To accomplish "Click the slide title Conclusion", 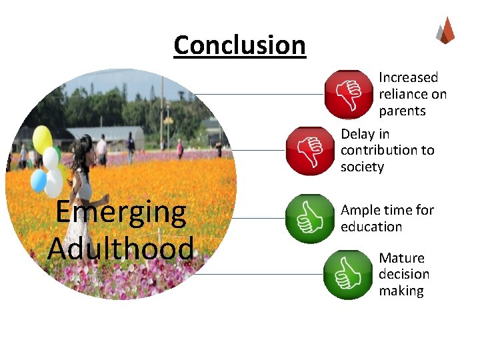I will (x=239, y=45).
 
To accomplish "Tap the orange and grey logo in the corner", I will (x=445, y=30).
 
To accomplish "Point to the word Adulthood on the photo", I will (x=121, y=248).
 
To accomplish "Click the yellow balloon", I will (x=43, y=138).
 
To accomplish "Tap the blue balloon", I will (x=39, y=180).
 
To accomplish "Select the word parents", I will (x=402, y=111).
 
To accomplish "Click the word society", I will (x=362, y=167).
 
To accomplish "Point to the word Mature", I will (x=401, y=258).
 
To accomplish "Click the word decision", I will (x=404, y=274).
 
